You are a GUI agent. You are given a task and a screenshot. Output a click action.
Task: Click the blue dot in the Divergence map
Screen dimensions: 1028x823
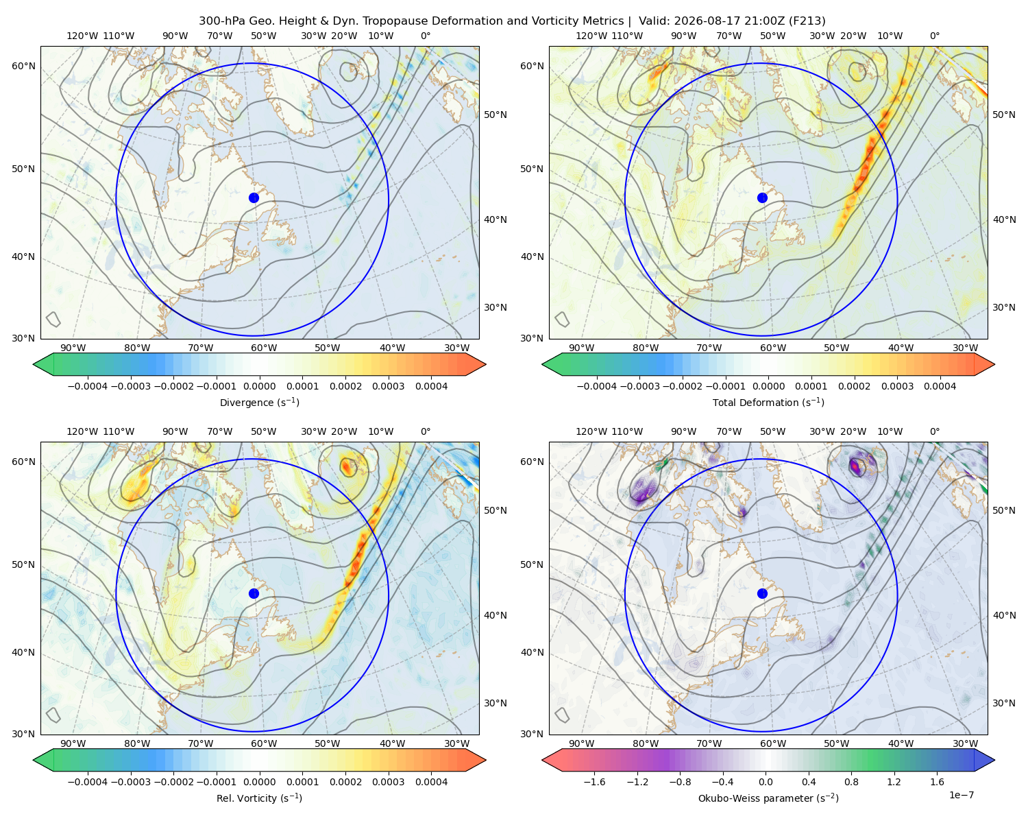(x=254, y=198)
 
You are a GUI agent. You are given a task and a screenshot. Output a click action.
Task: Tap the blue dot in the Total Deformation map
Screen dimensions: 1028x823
(x=762, y=198)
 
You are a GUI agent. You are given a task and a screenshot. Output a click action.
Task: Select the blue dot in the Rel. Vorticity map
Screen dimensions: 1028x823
(x=254, y=593)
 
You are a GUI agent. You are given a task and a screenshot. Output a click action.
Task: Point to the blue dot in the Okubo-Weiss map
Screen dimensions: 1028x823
(x=762, y=593)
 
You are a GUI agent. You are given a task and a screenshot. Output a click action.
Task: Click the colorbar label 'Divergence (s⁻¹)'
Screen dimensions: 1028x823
(x=259, y=402)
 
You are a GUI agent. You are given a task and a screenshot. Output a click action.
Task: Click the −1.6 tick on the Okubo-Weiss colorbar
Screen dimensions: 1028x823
(x=594, y=782)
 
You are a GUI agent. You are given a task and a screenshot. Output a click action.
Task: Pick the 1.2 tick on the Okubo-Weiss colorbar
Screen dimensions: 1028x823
(x=894, y=782)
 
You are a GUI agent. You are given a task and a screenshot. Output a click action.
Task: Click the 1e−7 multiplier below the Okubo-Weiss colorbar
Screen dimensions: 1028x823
(x=961, y=795)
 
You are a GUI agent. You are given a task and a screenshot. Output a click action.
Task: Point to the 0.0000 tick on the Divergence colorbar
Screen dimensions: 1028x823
(x=259, y=386)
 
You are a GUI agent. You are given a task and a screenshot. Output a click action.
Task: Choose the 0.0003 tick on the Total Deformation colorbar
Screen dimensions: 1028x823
(x=897, y=386)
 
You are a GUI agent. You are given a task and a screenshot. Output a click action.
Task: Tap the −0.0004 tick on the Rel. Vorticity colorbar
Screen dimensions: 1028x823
(x=88, y=782)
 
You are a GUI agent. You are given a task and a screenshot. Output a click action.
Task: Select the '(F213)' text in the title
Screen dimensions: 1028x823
(x=807, y=21)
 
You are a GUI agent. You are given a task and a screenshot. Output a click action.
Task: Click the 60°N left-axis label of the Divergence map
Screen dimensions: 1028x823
(x=23, y=66)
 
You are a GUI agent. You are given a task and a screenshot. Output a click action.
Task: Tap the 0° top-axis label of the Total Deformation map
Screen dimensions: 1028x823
(x=934, y=36)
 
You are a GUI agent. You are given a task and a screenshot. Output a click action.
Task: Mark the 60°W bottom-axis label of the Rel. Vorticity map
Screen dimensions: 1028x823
(x=264, y=743)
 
